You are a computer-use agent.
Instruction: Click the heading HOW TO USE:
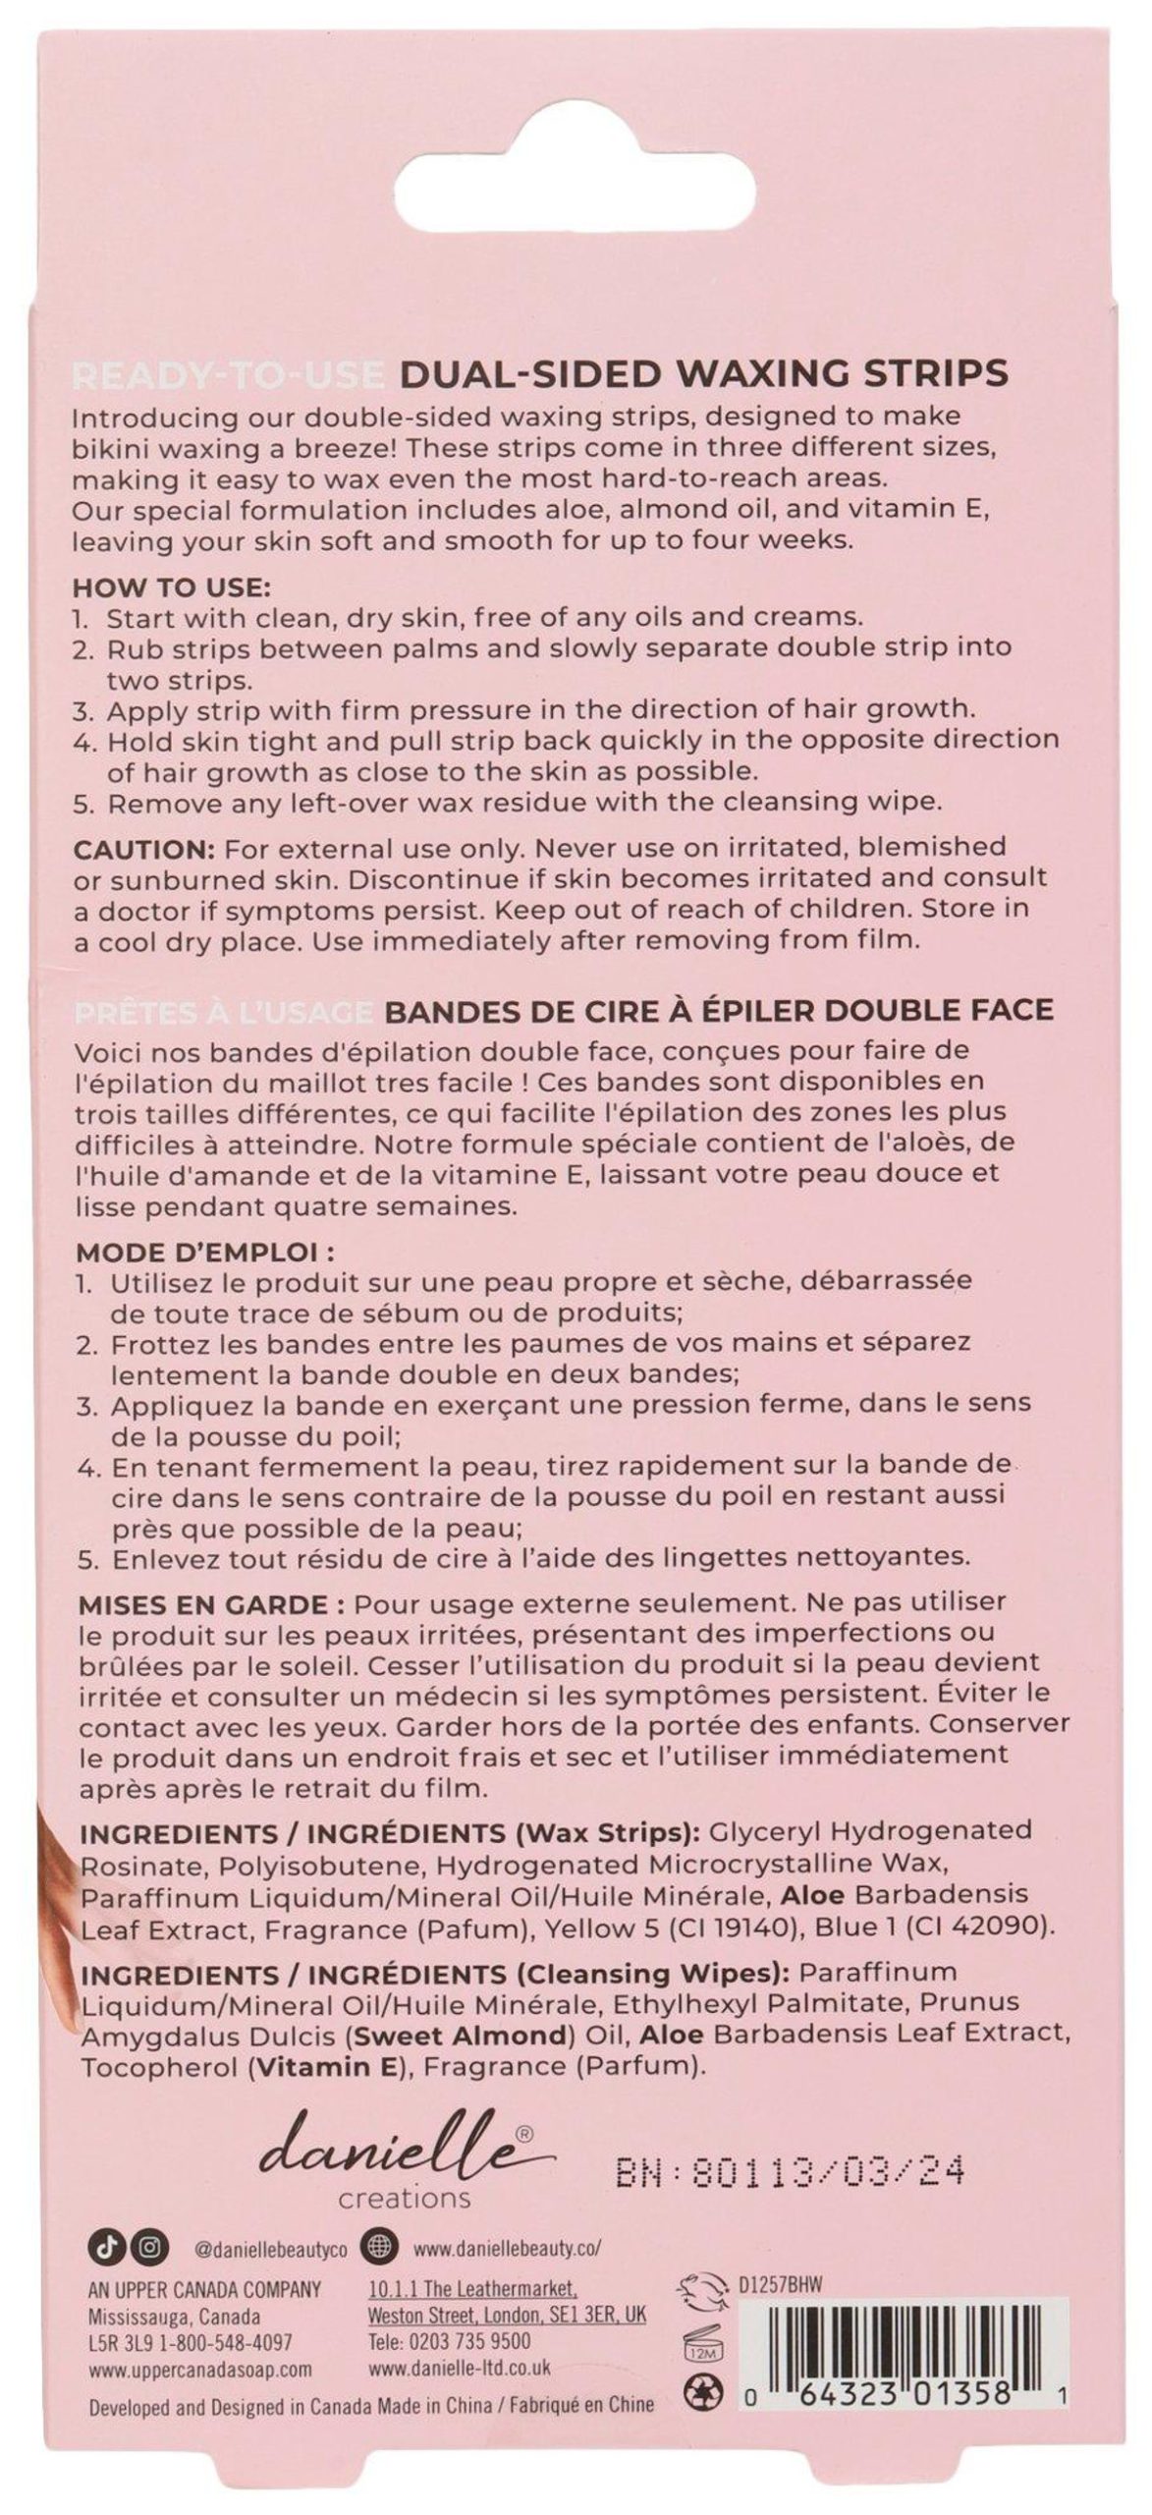click(171, 588)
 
